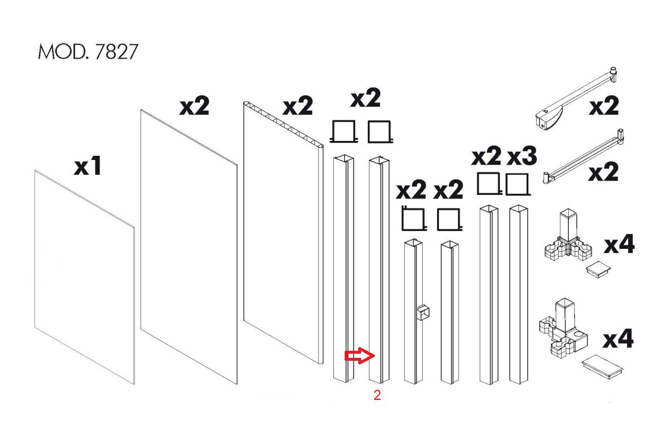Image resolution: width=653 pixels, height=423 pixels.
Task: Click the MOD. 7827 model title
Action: tap(88, 52)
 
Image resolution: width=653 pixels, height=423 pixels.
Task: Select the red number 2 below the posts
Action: tap(377, 395)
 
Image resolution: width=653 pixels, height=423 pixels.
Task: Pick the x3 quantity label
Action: tap(522, 156)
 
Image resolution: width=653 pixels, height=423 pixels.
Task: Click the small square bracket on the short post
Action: tap(423, 312)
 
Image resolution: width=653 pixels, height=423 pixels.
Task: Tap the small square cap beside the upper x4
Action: tap(598, 269)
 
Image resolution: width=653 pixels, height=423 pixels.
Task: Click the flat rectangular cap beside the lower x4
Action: tap(602, 366)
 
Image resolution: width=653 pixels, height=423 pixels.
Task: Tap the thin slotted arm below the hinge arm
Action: tap(584, 157)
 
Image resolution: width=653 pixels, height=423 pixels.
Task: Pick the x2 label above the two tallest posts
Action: tap(366, 98)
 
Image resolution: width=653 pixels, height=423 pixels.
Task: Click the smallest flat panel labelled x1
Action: tap(85, 277)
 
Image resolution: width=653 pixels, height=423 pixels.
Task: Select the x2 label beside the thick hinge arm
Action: tap(603, 105)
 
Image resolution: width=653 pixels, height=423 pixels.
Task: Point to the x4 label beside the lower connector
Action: tap(618, 338)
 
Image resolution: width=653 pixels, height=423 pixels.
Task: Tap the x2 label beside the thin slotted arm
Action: tap(603, 172)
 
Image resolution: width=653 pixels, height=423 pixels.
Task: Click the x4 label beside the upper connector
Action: tap(619, 243)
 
